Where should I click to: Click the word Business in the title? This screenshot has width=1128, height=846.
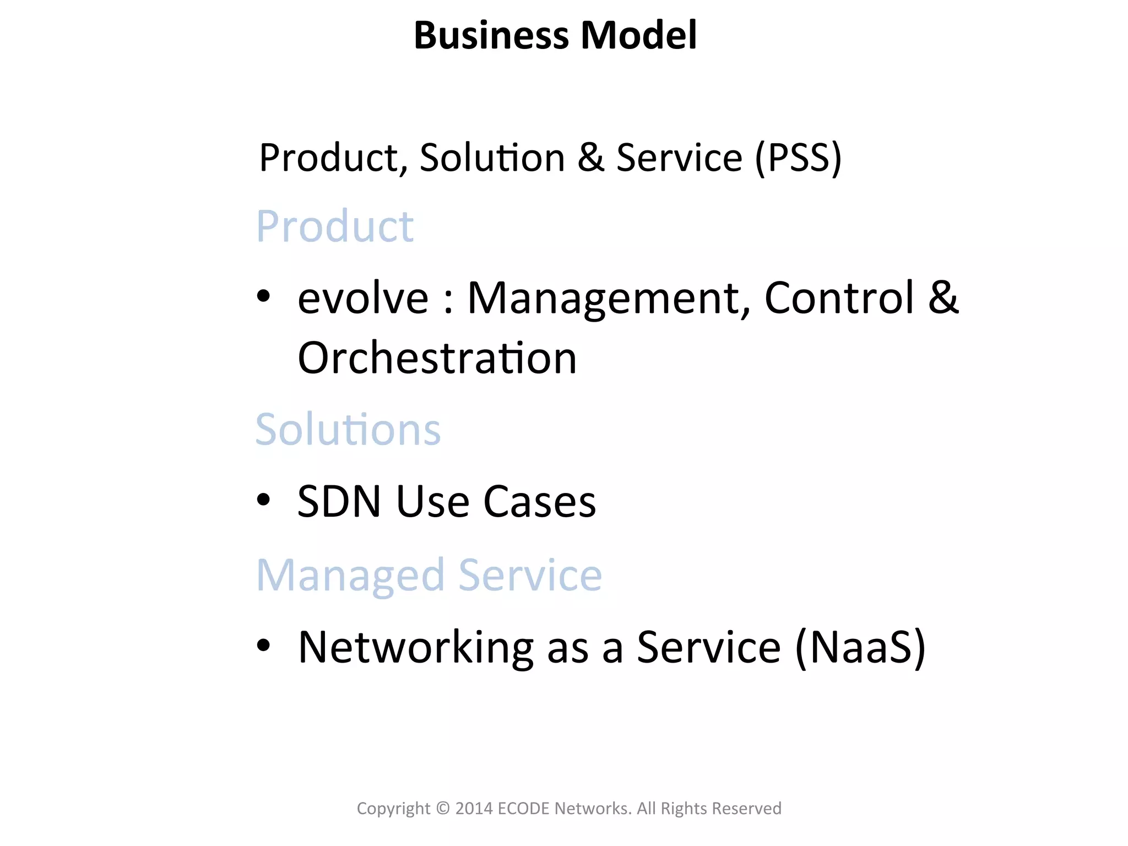click(x=491, y=35)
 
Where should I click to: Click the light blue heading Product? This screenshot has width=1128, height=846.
click(x=335, y=226)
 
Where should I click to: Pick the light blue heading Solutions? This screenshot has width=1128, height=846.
click(x=348, y=430)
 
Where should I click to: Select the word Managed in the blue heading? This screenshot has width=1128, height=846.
click(x=350, y=576)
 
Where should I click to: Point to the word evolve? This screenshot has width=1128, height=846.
click(x=363, y=298)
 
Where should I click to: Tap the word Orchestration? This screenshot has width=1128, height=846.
click(x=437, y=358)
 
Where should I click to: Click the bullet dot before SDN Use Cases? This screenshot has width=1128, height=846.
click(x=264, y=500)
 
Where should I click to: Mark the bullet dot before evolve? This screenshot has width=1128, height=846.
click(x=264, y=296)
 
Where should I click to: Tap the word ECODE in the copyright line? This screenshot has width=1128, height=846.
click(x=523, y=809)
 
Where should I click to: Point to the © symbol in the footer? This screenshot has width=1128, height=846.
click(x=443, y=809)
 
